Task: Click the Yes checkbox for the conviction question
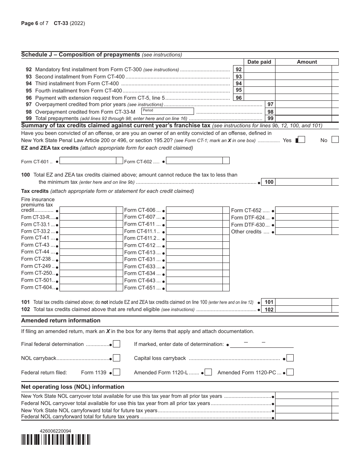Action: pyautogui.click(x=300, y=140)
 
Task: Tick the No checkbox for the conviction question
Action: pyautogui.click(x=335, y=140)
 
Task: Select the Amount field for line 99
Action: pyautogui.click(x=303, y=119)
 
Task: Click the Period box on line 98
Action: pyautogui.click(x=167, y=111)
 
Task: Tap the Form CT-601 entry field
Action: pyautogui.click(x=88, y=161)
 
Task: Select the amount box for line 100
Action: pyautogui.click(x=303, y=182)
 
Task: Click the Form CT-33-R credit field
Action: pyautogui.click(x=88, y=217)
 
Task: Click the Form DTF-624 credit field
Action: pyautogui.click(x=303, y=217)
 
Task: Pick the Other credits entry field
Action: pyautogui.click(x=303, y=231)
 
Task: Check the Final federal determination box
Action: pyautogui.click(x=117, y=344)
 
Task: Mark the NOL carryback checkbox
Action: pyautogui.click(x=117, y=358)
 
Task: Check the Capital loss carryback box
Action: pyautogui.click(x=290, y=358)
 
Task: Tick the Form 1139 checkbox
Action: pyautogui.click(x=117, y=372)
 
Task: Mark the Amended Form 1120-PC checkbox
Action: pyautogui.click(x=290, y=372)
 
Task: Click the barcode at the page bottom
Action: pyautogui.click(x=56, y=439)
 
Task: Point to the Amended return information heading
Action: pyautogui.click(x=61, y=321)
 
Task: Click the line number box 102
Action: pyautogui.click(x=269, y=310)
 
